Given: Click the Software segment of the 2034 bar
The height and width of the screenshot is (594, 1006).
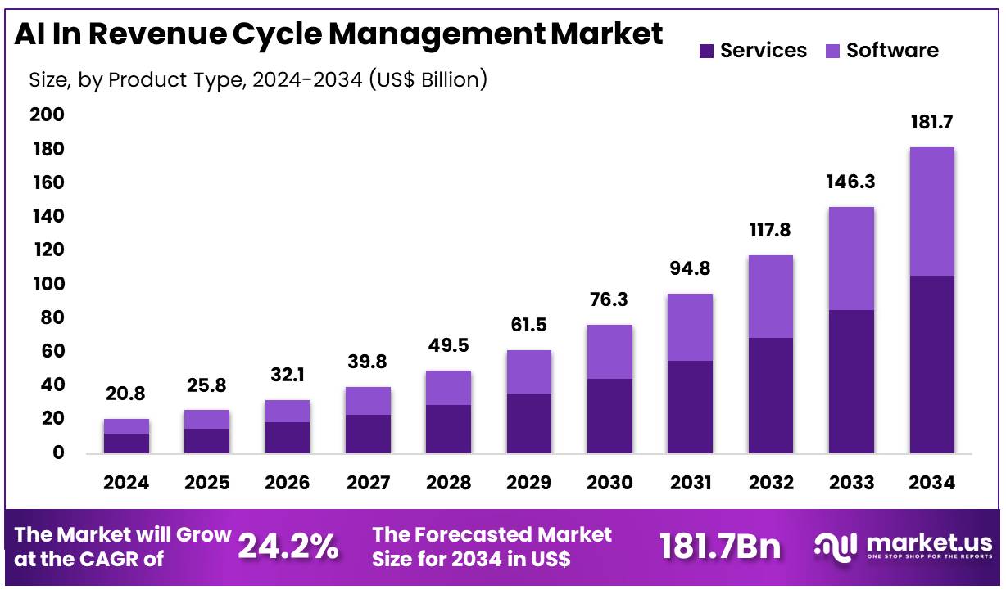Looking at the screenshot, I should pyautogui.click(x=931, y=211).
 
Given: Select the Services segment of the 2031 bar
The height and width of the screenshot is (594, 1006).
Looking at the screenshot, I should pyautogui.click(x=690, y=407).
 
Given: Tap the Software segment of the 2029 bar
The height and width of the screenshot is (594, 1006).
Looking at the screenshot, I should pyautogui.click(x=528, y=371).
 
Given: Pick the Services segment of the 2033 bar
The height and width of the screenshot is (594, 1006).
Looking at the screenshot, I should pyautogui.click(x=851, y=381).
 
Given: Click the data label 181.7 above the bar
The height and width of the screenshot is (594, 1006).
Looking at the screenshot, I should pyautogui.click(x=931, y=122).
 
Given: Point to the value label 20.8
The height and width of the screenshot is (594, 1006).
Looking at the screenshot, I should pyautogui.click(x=126, y=394).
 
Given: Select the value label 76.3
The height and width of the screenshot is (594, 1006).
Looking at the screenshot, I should pyautogui.click(x=609, y=299).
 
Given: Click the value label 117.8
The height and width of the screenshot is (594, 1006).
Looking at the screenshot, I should pyautogui.click(x=770, y=230).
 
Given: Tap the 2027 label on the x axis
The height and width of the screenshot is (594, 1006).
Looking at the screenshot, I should pyautogui.click(x=368, y=483).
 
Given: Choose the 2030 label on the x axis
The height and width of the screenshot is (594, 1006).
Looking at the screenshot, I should pyautogui.click(x=609, y=483).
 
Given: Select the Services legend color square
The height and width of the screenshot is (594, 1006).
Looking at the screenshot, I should pyautogui.click(x=707, y=51).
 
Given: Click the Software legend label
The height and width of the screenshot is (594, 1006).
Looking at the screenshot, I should pyautogui.click(x=892, y=51).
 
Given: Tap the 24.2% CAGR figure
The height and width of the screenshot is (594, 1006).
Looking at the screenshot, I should pyautogui.click(x=288, y=547).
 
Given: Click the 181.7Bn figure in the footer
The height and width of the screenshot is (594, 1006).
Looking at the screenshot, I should pyautogui.click(x=721, y=547).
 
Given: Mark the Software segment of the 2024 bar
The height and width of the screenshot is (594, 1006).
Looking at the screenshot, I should pyautogui.click(x=126, y=425).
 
